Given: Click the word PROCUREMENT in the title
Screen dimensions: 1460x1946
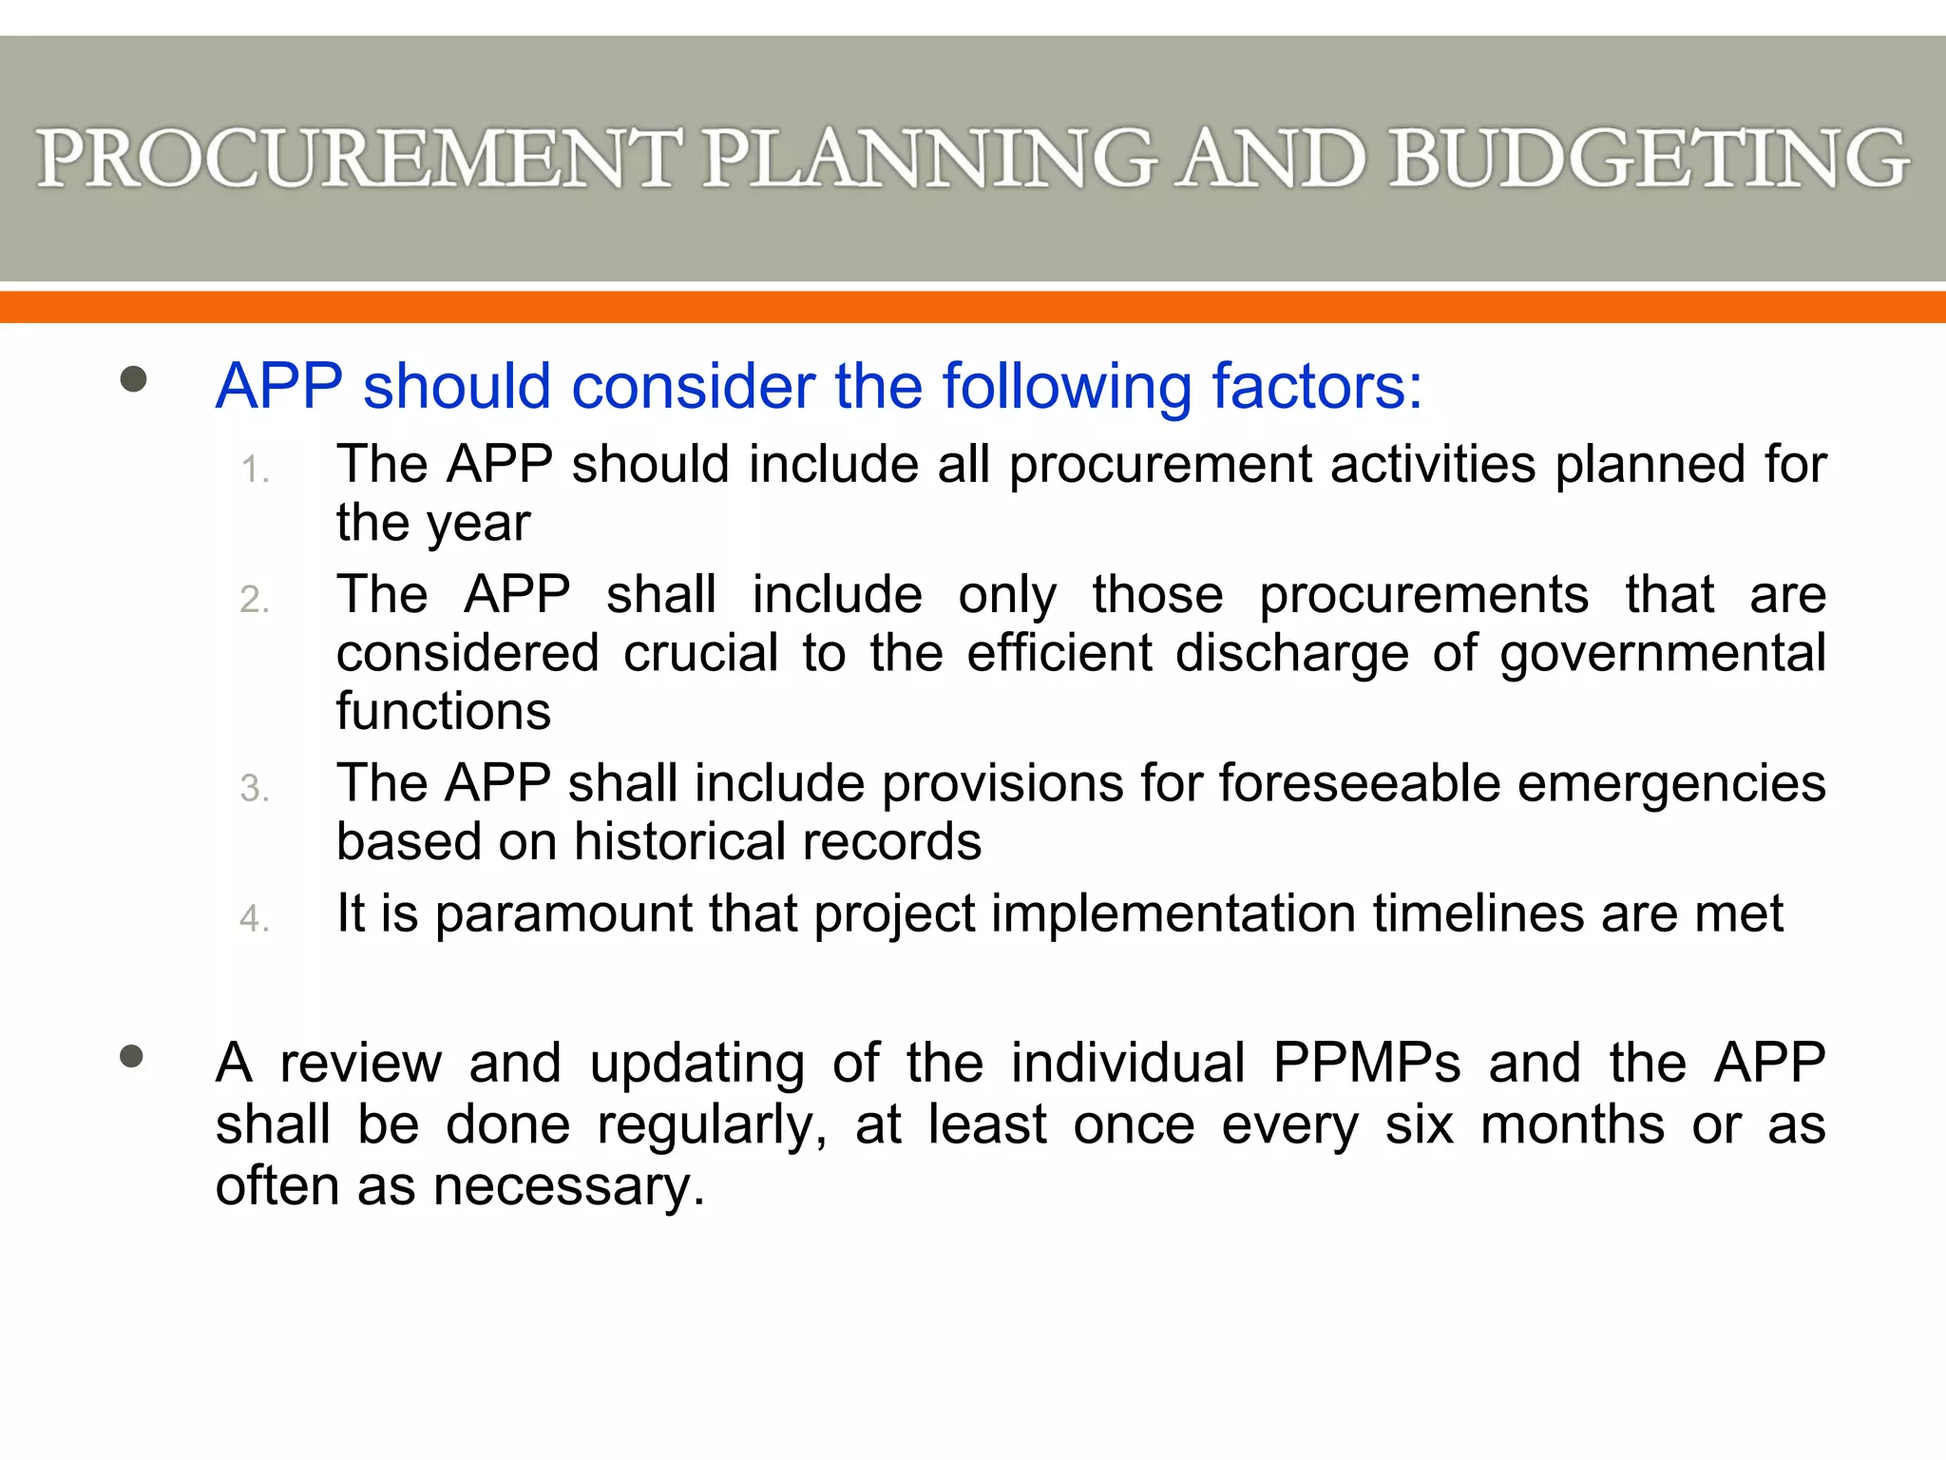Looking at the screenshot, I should point(358,159).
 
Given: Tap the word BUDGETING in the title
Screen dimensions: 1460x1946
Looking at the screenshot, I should point(1649,159).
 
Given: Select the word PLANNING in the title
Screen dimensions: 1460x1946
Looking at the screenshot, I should point(928,159).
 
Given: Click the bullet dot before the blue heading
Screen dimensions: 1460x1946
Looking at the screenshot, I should point(134,380).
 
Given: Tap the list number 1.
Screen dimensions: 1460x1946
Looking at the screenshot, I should point(255,471).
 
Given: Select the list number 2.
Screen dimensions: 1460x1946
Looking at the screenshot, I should point(255,601).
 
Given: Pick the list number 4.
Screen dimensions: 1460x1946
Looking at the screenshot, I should point(255,919).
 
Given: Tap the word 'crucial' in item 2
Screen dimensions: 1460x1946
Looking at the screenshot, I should point(701,653).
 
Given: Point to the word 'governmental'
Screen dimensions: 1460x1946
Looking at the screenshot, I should point(1663,655).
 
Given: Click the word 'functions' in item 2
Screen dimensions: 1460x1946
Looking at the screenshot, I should point(444,711).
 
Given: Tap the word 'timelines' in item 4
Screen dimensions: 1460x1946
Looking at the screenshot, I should point(1479,914).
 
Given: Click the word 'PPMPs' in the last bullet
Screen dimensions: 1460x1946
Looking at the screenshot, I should point(1366,1063).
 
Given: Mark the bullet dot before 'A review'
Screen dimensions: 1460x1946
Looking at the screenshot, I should point(132,1057).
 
